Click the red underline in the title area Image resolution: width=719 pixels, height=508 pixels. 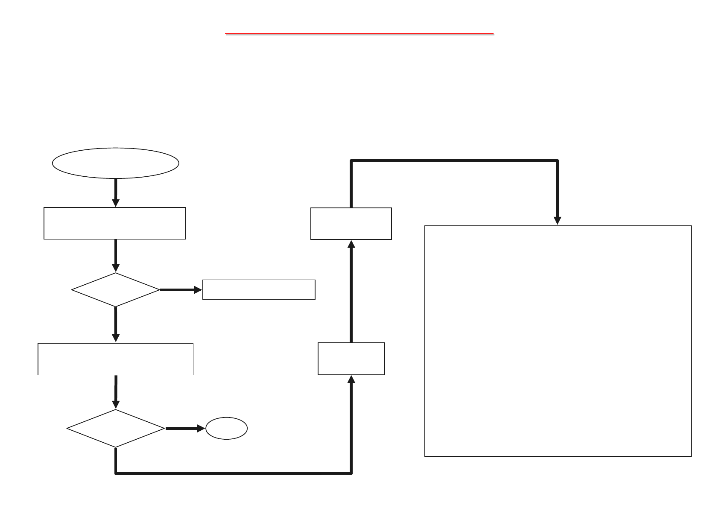point(359,33)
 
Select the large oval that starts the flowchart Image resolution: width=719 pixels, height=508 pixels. point(115,163)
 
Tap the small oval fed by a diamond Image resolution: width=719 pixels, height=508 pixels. point(226,429)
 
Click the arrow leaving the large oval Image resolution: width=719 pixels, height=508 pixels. point(115,192)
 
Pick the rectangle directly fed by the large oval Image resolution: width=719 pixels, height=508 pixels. point(115,223)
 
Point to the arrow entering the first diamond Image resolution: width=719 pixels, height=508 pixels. point(115,256)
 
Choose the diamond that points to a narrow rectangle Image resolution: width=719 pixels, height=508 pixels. point(116,290)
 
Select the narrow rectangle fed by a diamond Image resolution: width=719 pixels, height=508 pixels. point(259,290)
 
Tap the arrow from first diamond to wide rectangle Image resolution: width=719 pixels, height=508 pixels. point(115,324)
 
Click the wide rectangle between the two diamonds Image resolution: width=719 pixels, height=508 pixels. point(115,359)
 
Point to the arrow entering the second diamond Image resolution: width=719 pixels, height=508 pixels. point(115,392)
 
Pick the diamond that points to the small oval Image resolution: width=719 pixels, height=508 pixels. point(116,428)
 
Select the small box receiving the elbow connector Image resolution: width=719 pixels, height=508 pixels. point(351,359)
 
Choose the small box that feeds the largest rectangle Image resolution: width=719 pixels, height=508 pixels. point(351,224)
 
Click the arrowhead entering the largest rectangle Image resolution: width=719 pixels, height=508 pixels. point(558,220)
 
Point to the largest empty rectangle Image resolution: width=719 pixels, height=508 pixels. point(558,341)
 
